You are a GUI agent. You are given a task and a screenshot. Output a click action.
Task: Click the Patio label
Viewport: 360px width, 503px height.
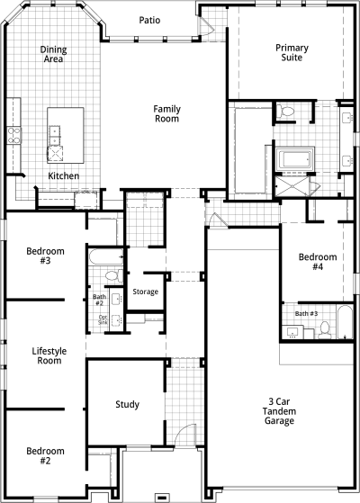pos(149,20)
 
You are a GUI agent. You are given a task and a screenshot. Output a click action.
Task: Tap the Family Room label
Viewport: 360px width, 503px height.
pos(166,114)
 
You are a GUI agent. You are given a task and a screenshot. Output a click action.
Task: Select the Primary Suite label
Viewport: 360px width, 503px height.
pos(292,52)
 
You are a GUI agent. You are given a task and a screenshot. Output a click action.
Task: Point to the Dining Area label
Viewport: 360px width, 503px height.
pos(54,54)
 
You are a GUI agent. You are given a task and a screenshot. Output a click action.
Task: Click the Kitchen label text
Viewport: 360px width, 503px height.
pos(64,175)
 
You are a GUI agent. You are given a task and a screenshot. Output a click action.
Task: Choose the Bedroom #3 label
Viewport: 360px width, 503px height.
pos(45,256)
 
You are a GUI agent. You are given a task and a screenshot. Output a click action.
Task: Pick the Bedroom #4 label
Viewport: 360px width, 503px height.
pos(318,262)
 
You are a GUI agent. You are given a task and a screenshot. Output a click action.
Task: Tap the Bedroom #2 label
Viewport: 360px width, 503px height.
pos(45,456)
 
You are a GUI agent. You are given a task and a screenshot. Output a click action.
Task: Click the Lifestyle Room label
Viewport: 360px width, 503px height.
pos(49,355)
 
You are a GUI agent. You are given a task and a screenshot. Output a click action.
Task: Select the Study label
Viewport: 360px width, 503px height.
pos(128,405)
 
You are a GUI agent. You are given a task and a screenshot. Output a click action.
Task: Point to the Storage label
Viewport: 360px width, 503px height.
pos(145,292)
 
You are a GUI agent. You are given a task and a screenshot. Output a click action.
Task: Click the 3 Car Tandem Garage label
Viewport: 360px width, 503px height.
pos(279,411)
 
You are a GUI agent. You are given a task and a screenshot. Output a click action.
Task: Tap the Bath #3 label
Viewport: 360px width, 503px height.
pos(306,313)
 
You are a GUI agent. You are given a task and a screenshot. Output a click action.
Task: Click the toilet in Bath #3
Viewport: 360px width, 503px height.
pos(325,330)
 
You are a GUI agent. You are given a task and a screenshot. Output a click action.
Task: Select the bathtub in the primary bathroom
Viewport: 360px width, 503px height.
pos(295,158)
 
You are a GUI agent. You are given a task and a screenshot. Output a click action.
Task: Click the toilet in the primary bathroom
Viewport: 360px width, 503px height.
pos(285,111)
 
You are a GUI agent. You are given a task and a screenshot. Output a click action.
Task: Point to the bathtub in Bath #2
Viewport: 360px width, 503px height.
pos(106,256)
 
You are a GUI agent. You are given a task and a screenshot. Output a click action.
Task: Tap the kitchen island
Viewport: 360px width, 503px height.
pos(66,135)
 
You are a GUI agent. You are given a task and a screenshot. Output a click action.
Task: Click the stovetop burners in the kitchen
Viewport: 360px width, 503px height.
pos(14,135)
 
